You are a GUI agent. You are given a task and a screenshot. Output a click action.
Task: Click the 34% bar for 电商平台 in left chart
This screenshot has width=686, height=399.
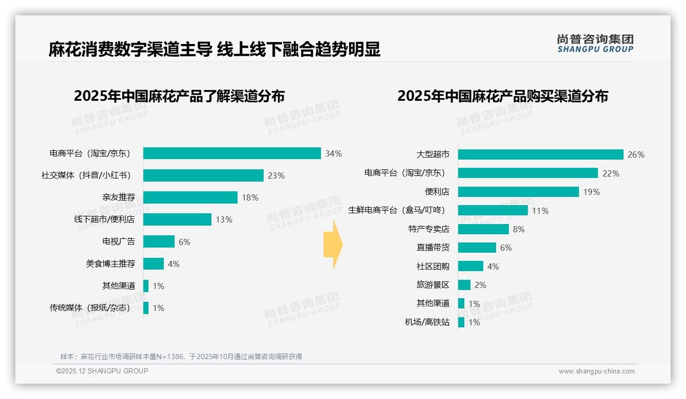pyautogui.click(x=232, y=153)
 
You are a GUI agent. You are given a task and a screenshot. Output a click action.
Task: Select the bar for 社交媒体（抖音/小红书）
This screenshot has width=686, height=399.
pyautogui.click(x=203, y=175)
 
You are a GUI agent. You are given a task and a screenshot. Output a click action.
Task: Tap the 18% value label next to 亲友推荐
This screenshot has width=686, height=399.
pyautogui.click(x=250, y=197)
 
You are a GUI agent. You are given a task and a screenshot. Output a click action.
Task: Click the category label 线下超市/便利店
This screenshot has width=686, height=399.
pyautogui.click(x=104, y=219)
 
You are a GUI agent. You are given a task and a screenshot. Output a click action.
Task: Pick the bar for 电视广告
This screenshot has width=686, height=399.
pyautogui.click(x=159, y=241)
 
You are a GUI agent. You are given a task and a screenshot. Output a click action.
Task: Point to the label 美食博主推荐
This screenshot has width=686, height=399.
pyautogui.click(x=111, y=264)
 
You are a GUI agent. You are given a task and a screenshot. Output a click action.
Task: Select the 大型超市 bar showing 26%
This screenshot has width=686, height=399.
pyautogui.click(x=541, y=154)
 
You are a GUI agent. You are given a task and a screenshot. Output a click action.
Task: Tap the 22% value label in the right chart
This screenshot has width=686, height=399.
pyautogui.click(x=611, y=173)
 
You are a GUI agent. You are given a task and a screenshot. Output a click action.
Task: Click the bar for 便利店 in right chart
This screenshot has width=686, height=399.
pyautogui.click(x=518, y=192)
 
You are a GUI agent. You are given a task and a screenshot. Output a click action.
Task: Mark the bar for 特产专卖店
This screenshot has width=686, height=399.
pyautogui.click(x=483, y=229)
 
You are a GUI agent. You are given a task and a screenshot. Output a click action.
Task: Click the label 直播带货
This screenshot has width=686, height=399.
pyautogui.click(x=433, y=248)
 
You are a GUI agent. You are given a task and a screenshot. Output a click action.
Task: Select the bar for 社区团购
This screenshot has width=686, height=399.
pyautogui.click(x=470, y=266)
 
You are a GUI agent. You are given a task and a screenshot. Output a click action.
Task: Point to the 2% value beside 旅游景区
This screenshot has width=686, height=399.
pyautogui.click(x=480, y=285)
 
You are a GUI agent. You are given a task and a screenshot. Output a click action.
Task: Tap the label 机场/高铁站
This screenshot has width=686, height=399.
pyautogui.click(x=427, y=322)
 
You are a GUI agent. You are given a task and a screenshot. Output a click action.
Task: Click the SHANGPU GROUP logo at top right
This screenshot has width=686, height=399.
pyautogui.click(x=595, y=43)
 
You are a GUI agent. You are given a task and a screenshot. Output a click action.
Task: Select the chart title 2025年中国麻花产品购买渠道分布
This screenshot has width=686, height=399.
pyautogui.click(x=503, y=96)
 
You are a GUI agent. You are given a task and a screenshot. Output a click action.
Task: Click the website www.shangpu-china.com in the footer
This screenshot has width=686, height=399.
pyautogui.click(x=596, y=371)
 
